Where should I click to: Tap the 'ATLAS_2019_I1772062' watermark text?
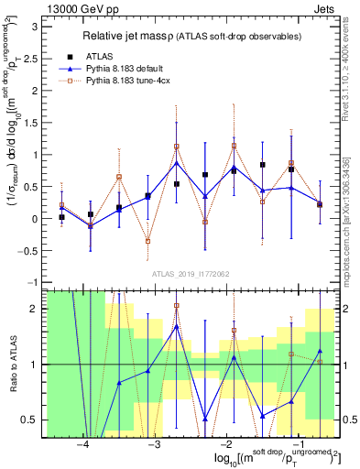190,274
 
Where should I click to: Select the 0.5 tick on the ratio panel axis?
30,420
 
